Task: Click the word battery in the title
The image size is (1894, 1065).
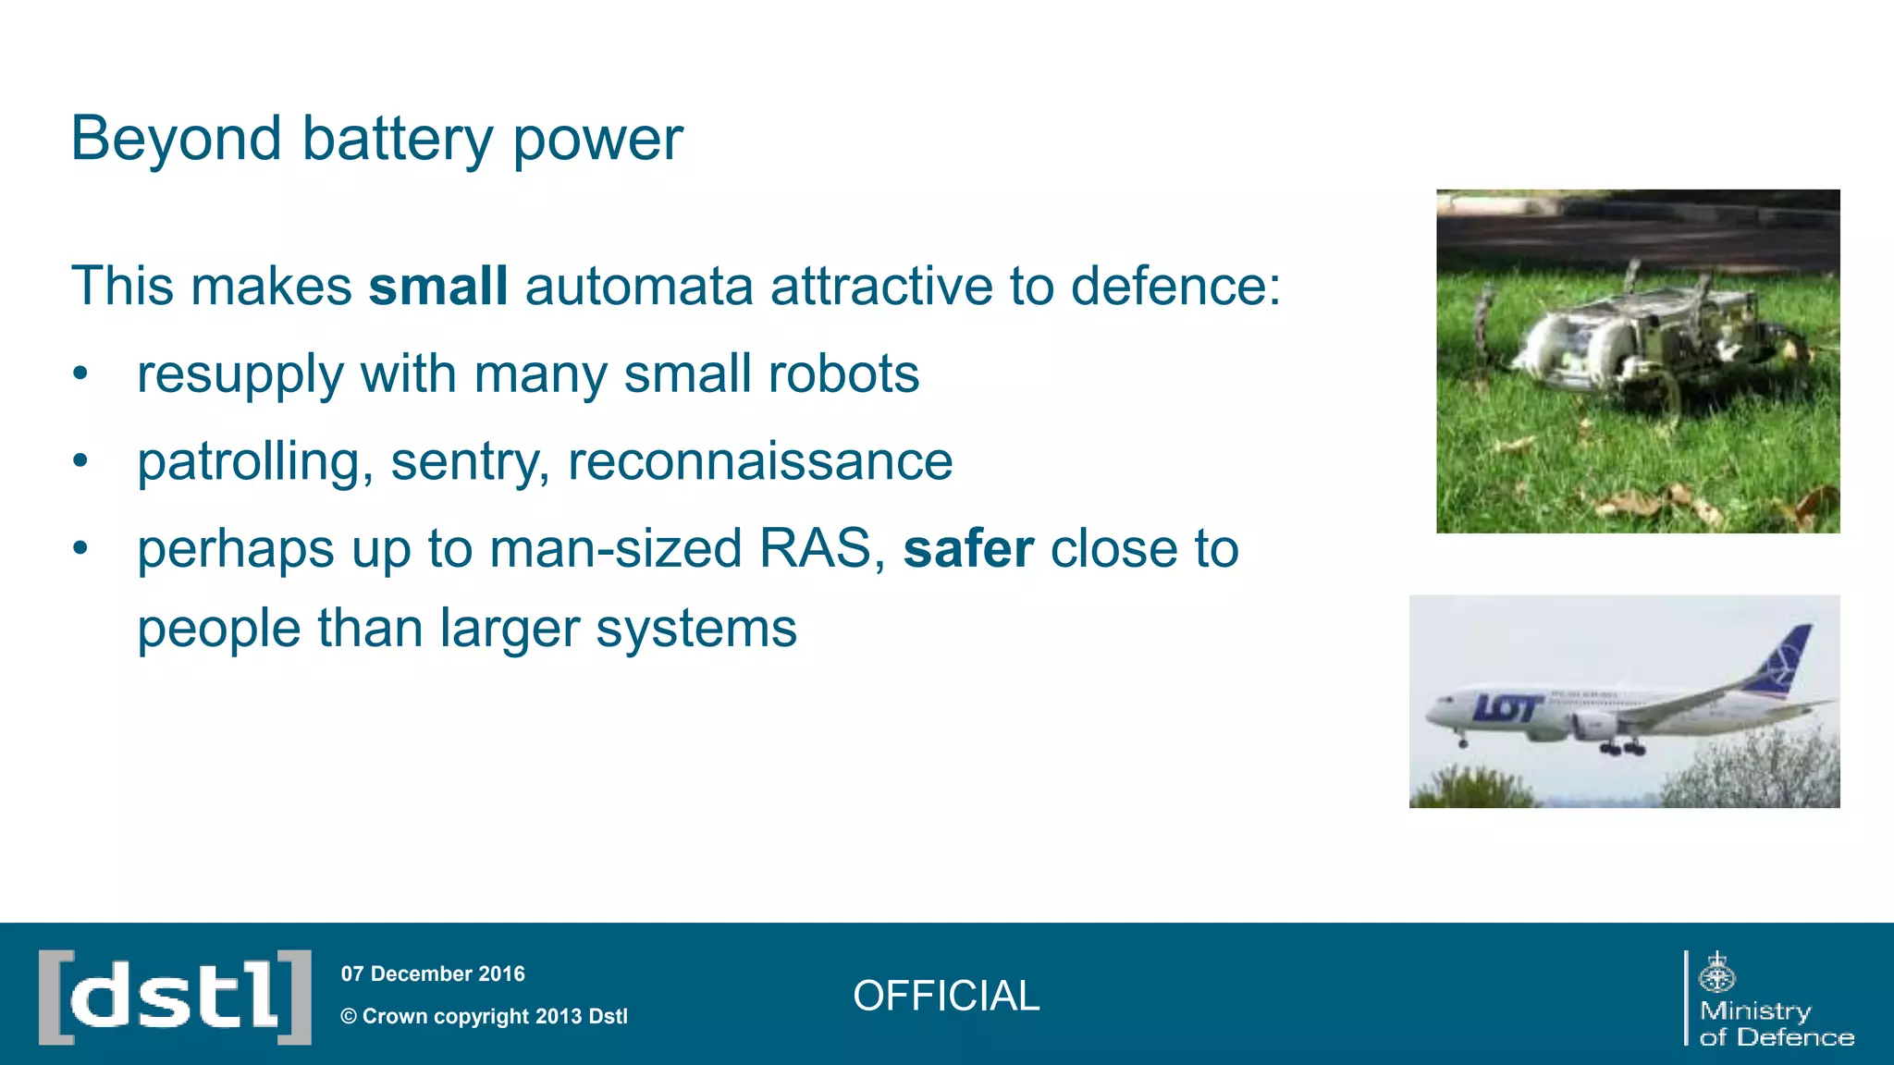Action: (x=398, y=141)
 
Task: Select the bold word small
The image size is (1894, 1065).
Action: (x=438, y=286)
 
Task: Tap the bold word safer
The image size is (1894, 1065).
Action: (x=968, y=549)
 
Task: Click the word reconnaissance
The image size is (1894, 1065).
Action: (x=759, y=461)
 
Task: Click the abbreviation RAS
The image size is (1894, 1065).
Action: (x=815, y=549)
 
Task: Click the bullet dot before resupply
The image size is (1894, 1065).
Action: (x=81, y=374)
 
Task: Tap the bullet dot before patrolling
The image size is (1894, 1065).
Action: (x=81, y=460)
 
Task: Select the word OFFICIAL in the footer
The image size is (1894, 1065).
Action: (x=946, y=996)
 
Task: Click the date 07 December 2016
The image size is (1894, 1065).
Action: (x=433, y=973)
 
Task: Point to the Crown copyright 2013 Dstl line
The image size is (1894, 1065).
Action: (x=484, y=1016)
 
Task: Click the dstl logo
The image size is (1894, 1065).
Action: (x=175, y=997)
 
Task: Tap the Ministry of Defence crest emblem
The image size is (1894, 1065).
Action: (x=1717, y=973)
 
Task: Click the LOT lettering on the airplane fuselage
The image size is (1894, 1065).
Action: (x=1507, y=708)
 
